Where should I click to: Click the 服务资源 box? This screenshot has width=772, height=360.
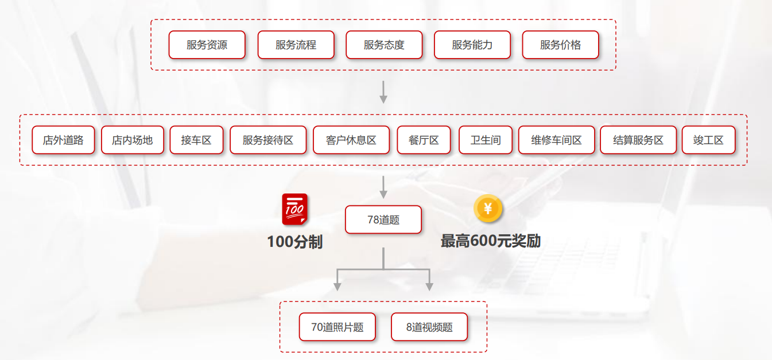(207, 45)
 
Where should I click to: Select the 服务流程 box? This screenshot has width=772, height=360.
(296, 45)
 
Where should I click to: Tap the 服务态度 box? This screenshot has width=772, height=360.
(384, 45)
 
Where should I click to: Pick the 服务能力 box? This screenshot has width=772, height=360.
(472, 45)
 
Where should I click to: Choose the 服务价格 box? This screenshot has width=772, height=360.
(560, 45)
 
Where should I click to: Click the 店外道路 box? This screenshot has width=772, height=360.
(63, 140)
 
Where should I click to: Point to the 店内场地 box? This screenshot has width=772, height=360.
(133, 140)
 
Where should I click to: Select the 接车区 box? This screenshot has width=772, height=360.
(196, 140)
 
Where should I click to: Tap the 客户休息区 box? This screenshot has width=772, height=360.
(351, 140)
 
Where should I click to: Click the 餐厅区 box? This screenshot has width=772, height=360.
(424, 140)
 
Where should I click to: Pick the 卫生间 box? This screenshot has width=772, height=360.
(485, 140)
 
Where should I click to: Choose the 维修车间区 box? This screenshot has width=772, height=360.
(556, 140)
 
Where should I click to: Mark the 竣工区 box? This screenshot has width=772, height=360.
(708, 140)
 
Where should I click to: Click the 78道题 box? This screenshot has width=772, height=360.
(383, 220)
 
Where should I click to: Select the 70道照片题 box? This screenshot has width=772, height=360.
(337, 327)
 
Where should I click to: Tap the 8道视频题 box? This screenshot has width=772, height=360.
(429, 327)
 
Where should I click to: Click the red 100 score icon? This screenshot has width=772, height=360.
(294, 210)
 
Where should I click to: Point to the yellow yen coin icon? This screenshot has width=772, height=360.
(488, 208)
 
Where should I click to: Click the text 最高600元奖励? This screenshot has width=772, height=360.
(490, 241)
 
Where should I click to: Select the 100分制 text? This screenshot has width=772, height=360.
(294, 242)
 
